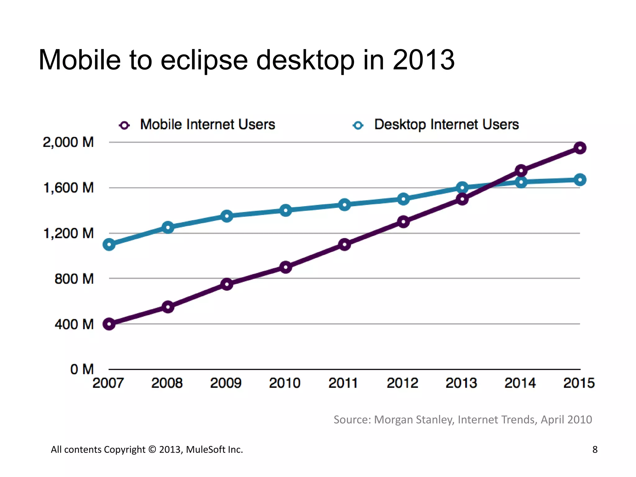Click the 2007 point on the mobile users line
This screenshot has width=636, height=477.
(x=109, y=324)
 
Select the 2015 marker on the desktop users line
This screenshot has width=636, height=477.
(x=580, y=180)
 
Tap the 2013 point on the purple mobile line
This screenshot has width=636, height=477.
(x=462, y=199)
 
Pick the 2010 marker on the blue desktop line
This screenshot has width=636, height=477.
(x=286, y=210)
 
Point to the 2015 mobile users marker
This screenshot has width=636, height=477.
(x=580, y=148)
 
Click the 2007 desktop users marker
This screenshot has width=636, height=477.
(x=109, y=244)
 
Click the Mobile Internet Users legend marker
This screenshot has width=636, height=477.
(x=125, y=125)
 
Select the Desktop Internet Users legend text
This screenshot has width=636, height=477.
(x=446, y=125)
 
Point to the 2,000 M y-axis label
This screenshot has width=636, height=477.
(x=68, y=142)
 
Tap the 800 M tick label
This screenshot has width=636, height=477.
(x=74, y=279)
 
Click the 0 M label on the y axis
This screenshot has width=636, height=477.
(x=82, y=369)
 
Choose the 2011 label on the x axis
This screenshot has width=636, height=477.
(x=343, y=383)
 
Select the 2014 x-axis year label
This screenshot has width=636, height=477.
(x=520, y=383)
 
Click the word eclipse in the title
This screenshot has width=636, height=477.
(x=204, y=60)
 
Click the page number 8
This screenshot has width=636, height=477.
(x=595, y=449)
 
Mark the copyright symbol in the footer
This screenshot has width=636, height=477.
(x=152, y=449)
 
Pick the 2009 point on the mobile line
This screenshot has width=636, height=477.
(x=227, y=284)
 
